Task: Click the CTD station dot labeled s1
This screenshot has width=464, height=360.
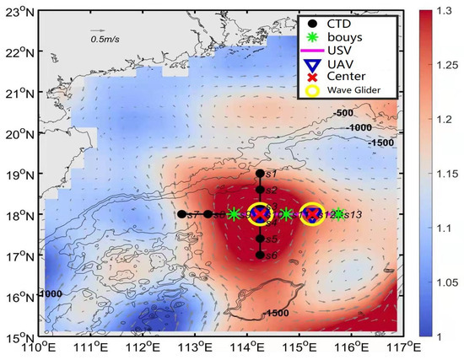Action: [260, 174]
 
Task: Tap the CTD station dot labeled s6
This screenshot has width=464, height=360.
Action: [260, 254]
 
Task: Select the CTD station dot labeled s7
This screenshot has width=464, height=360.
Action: [181, 214]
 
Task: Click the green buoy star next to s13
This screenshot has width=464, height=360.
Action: [338, 214]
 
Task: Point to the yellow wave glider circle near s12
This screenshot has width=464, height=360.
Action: [312, 214]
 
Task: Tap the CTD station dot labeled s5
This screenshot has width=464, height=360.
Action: [260, 239]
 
